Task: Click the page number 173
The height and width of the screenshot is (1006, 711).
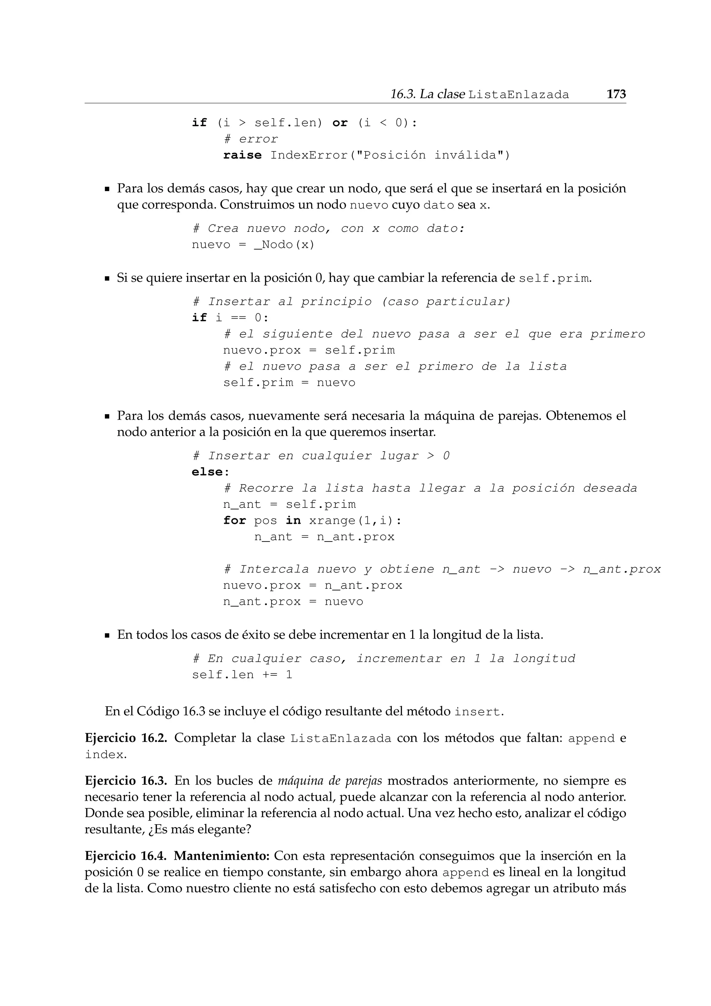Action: (x=616, y=94)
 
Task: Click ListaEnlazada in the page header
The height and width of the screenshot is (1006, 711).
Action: (x=518, y=94)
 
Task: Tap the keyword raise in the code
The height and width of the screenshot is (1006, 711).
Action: (x=242, y=155)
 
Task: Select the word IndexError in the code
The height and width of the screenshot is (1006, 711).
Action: (x=309, y=155)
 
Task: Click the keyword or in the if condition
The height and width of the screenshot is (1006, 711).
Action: (x=340, y=123)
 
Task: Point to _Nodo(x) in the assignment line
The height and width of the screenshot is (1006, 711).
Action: (x=284, y=245)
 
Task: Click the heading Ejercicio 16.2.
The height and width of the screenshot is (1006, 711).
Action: (x=126, y=738)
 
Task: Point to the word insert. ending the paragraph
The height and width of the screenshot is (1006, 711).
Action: (x=478, y=711)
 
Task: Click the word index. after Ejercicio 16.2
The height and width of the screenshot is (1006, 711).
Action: (x=106, y=754)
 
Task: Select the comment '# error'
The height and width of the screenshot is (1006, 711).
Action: (x=250, y=139)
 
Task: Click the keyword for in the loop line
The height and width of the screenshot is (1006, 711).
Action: (x=234, y=520)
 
